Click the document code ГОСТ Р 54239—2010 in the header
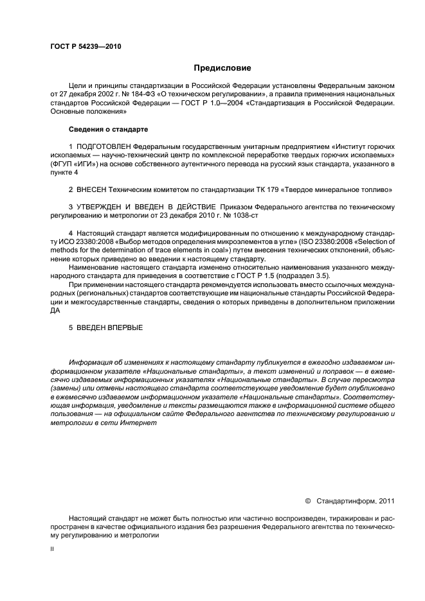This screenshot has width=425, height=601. coord(85,48)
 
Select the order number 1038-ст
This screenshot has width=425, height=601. coord(209,216)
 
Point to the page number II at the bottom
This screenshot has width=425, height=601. coord(52,550)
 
